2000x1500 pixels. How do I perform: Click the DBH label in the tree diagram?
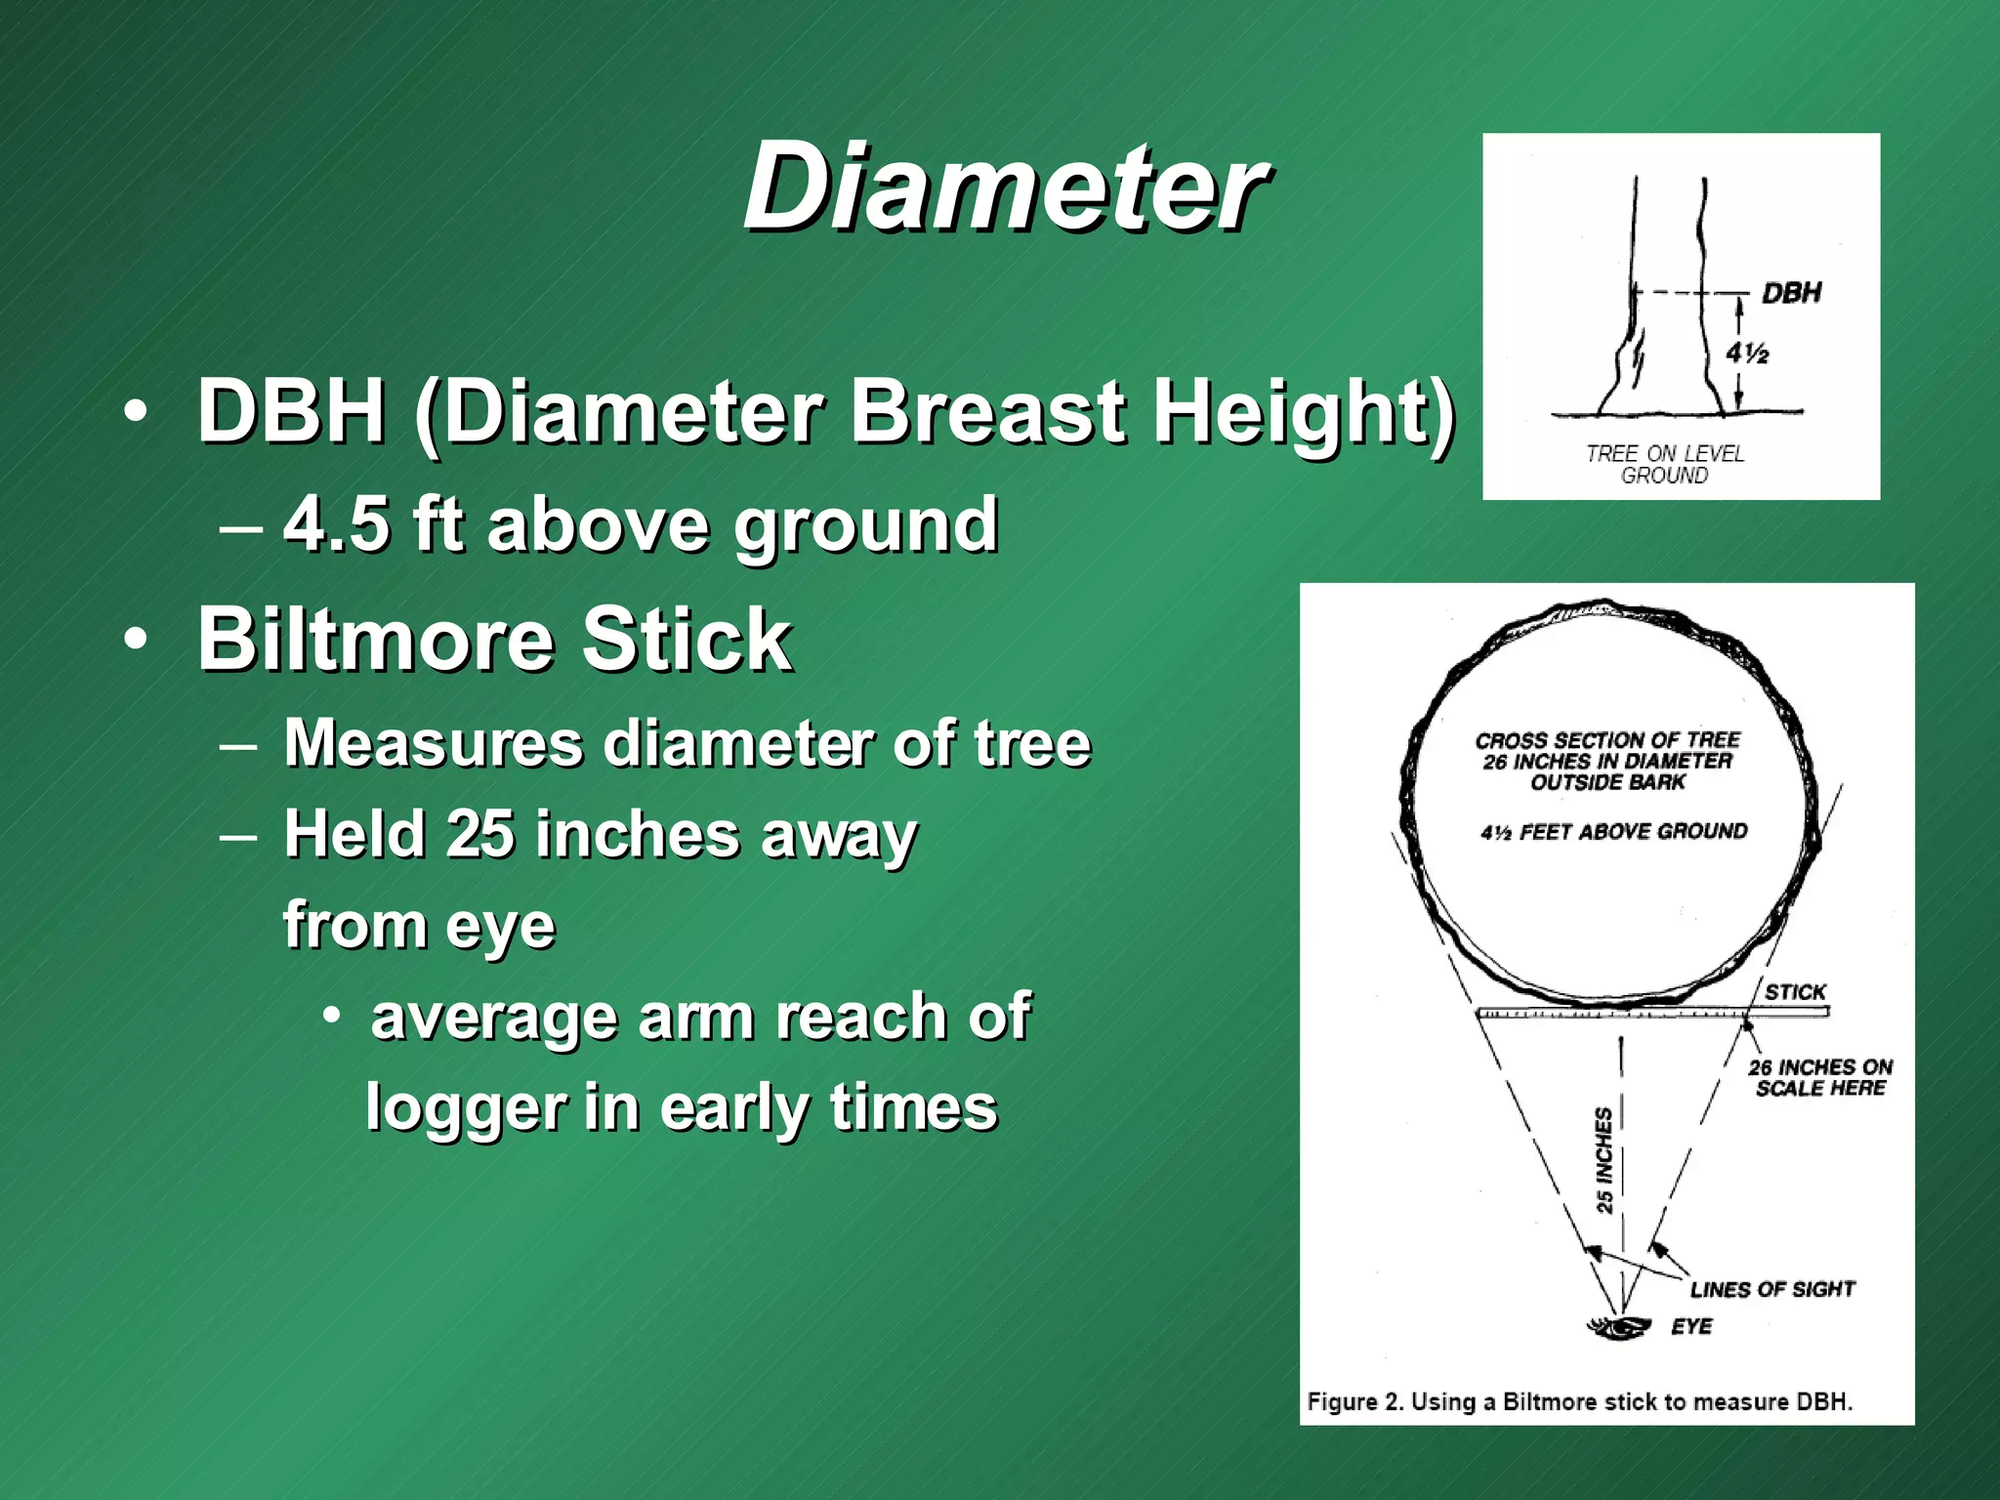[1791, 293]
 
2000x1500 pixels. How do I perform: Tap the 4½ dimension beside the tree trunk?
[1746, 353]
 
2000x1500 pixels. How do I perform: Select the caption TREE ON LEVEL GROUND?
[1664, 464]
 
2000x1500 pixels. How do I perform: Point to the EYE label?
[1691, 1326]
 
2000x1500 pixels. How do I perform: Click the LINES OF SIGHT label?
[1771, 1289]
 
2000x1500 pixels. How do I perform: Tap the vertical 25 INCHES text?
[1604, 1160]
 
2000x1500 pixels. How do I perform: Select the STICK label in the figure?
[1795, 992]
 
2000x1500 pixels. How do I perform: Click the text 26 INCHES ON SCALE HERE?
[1819, 1077]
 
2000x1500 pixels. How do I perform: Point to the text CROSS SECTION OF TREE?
[1607, 740]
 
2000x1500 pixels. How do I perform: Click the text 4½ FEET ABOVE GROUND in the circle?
[1613, 832]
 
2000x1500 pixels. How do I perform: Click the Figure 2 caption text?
[1579, 1401]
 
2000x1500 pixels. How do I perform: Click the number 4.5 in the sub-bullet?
[337, 524]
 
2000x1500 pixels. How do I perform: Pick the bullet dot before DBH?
[137, 411]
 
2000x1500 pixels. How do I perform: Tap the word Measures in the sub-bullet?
[433, 744]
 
